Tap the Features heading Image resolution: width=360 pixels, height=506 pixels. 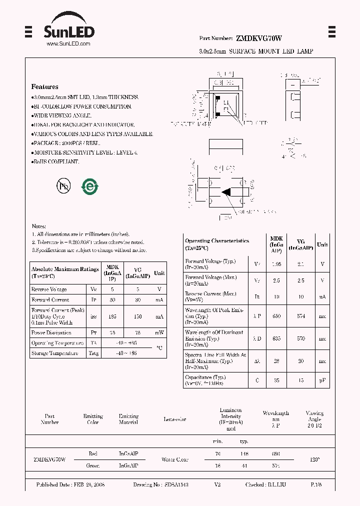(44, 86)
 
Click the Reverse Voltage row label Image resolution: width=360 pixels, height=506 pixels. (49, 289)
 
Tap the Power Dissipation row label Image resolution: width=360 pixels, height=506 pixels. (51, 332)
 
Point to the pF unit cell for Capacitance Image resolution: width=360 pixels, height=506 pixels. (322, 380)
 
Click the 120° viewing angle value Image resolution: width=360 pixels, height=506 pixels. (314, 459)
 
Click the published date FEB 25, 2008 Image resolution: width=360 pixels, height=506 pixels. (70, 485)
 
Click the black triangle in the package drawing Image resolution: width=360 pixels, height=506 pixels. (225, 191)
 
